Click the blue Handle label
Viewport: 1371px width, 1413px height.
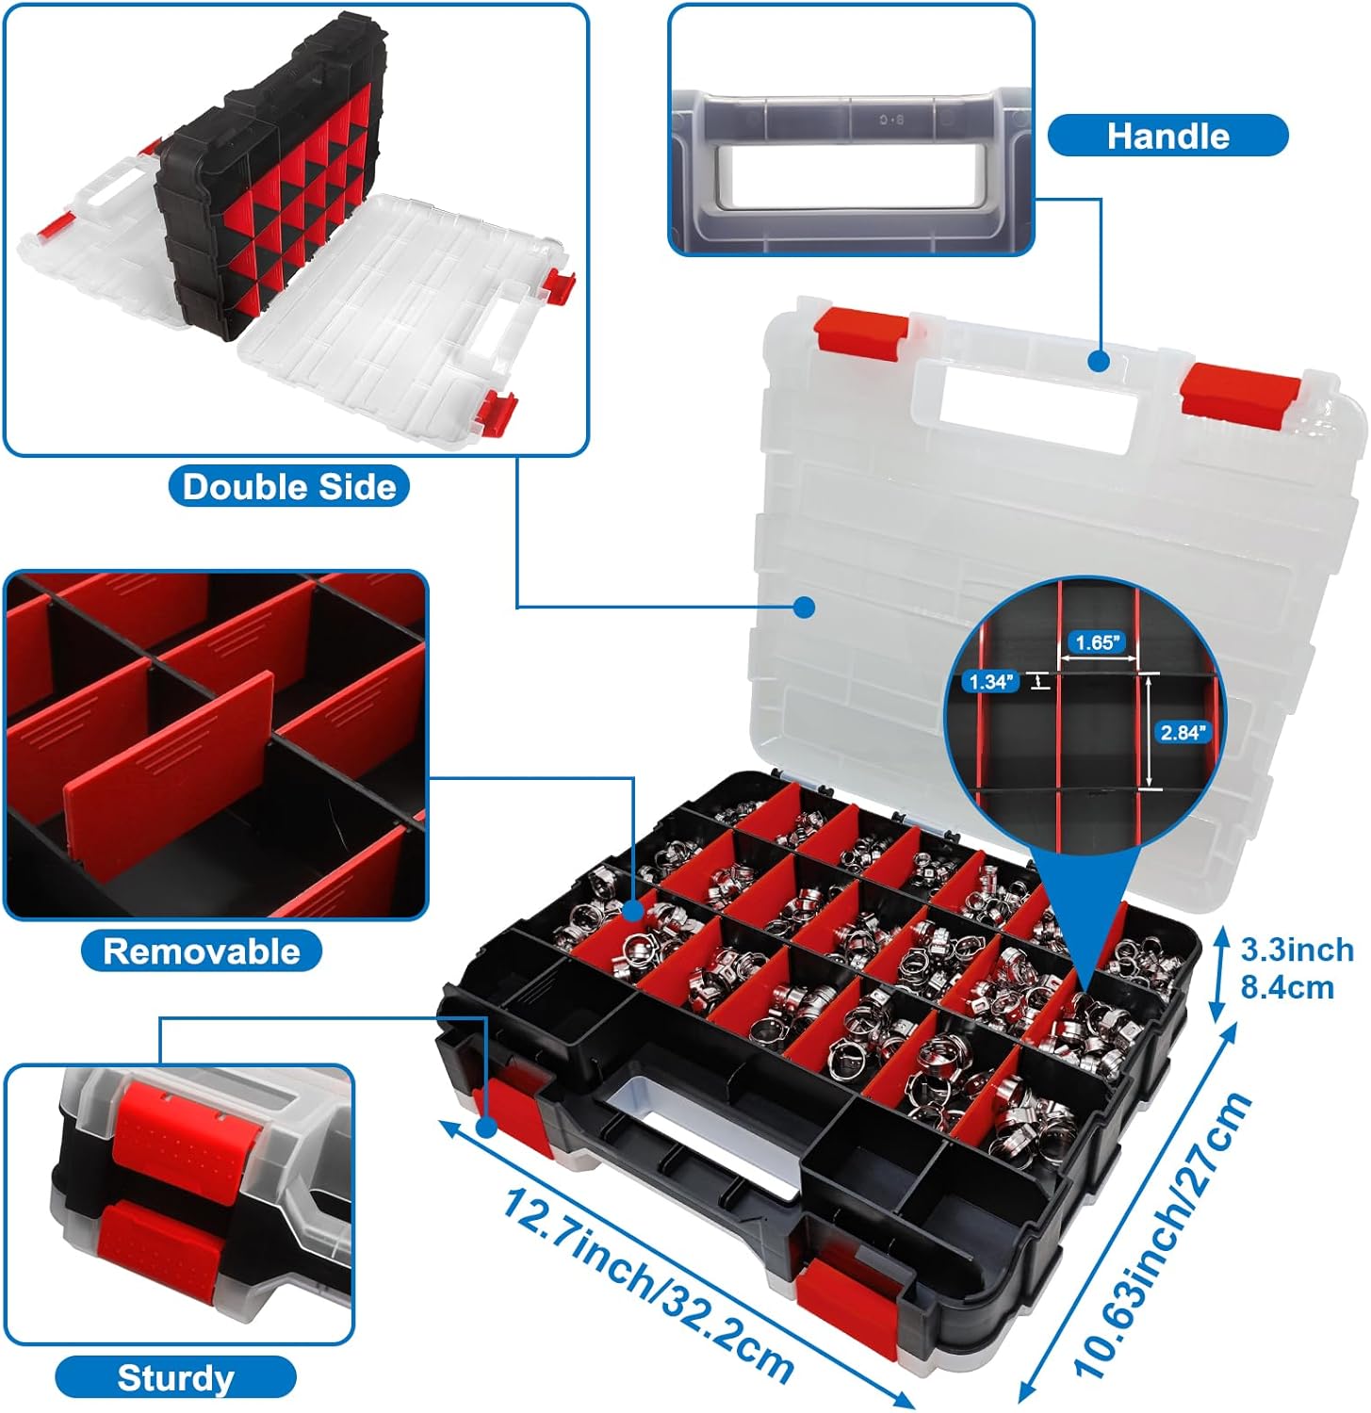coord(1167,136)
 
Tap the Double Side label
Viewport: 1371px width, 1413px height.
coord(288,486)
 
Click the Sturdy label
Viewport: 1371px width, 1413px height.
coord(175,1378)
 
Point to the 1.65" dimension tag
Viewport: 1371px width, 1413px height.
coord(1095,642)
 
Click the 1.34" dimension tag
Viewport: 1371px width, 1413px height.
coord(989,681)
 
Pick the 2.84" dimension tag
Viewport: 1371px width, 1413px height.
coord(1182,731)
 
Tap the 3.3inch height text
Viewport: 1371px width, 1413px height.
coord(1297,950)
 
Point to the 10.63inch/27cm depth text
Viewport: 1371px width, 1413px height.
coord(1165,1236)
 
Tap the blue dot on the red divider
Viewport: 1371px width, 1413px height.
coord(633,910)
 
